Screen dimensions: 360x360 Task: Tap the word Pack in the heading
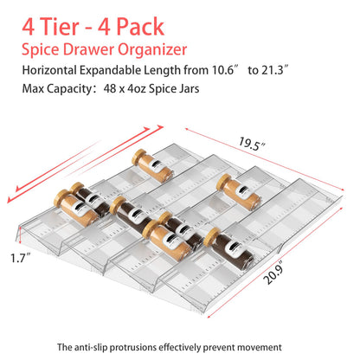(140, 27)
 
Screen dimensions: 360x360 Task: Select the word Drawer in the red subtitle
(88, 49)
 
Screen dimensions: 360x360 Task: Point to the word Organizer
(152, 50)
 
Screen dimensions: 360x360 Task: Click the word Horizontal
(49, 70)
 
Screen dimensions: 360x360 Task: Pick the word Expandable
(111, 71)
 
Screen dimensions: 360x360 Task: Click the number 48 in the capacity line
(110, 88)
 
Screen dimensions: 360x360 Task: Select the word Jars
(189, 88)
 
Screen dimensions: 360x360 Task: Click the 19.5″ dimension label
(252, 144)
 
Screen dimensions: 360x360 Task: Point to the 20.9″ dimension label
(273, 273)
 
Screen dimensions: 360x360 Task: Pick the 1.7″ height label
(21, 258)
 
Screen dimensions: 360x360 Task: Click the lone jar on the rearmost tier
(152, 165)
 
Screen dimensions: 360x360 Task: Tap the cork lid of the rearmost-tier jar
(138, 157)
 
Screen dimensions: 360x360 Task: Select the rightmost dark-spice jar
(229, 249)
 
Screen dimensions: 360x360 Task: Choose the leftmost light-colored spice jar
(76, 208)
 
